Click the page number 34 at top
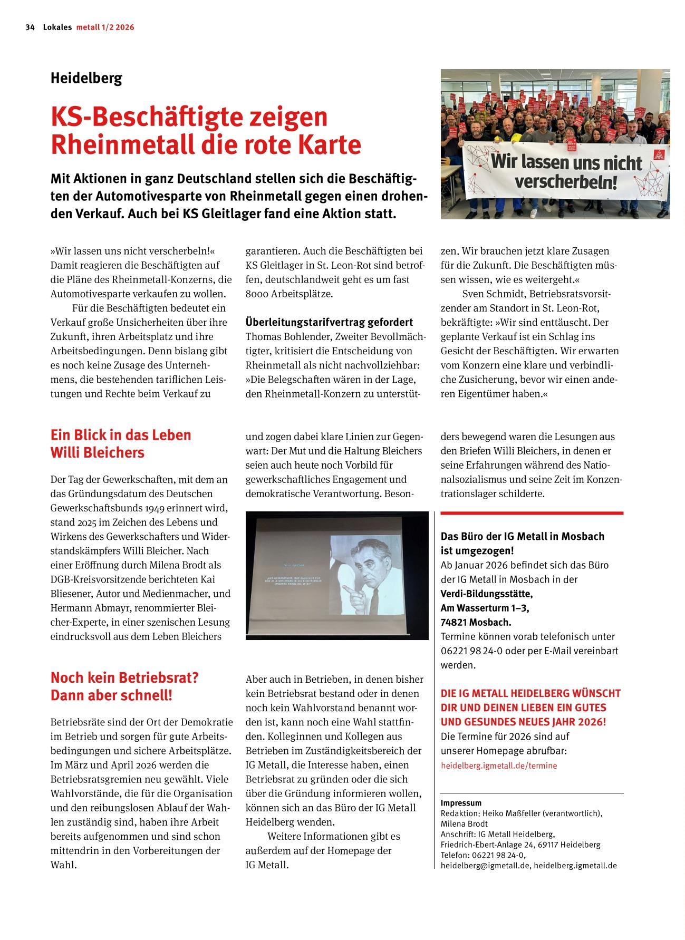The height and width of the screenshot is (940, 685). click(x=30, y=27)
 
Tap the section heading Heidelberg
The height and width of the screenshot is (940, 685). click(x=86, y=79)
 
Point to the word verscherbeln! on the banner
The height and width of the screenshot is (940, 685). click(x=565, y=182)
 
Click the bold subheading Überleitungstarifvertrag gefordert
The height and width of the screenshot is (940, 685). click(x=329, y=322)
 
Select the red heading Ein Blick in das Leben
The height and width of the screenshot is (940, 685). click(x=121, y=435)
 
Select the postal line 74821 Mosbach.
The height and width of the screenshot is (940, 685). click(x=476, y=622)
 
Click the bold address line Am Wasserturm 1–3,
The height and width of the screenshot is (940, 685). click(x=485, y=608)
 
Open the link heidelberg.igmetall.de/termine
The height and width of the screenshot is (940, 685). click(x=498, y=765)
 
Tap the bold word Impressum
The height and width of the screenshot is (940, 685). click(x=461, y=803)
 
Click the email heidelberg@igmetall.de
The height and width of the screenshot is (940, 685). click(x=486, y=865)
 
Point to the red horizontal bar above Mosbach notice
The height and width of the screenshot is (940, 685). click(x=532, y=513)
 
